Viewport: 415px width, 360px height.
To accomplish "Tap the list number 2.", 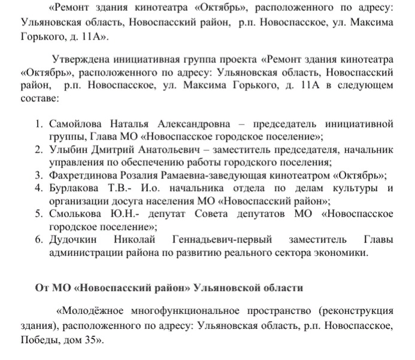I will [x=37, y=150].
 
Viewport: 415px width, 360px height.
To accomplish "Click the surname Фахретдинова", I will [x=85, y=176].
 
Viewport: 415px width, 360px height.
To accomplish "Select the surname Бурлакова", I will [x=74, y=189].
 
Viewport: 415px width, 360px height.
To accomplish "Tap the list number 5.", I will [x=37, y=214].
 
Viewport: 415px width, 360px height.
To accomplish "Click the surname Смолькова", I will [x=76, y=214].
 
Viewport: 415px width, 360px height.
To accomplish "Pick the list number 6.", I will [x=37, y=240].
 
